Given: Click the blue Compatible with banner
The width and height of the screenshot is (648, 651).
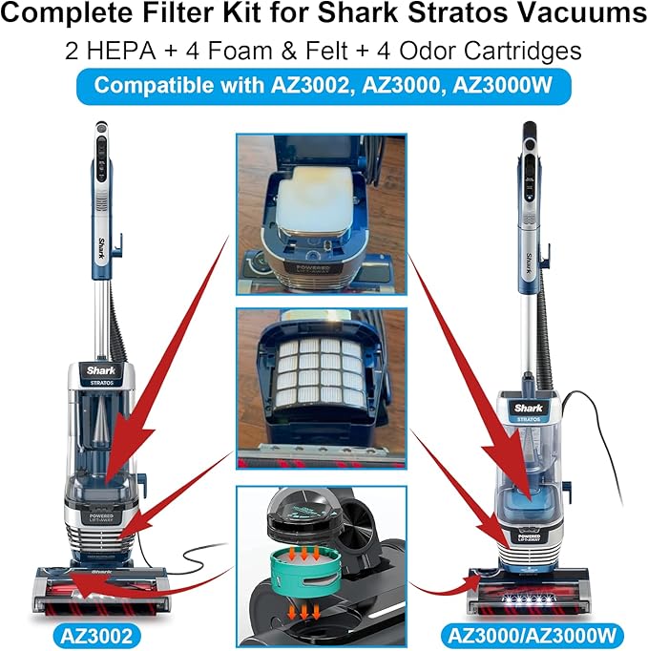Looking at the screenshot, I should (324, 84).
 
